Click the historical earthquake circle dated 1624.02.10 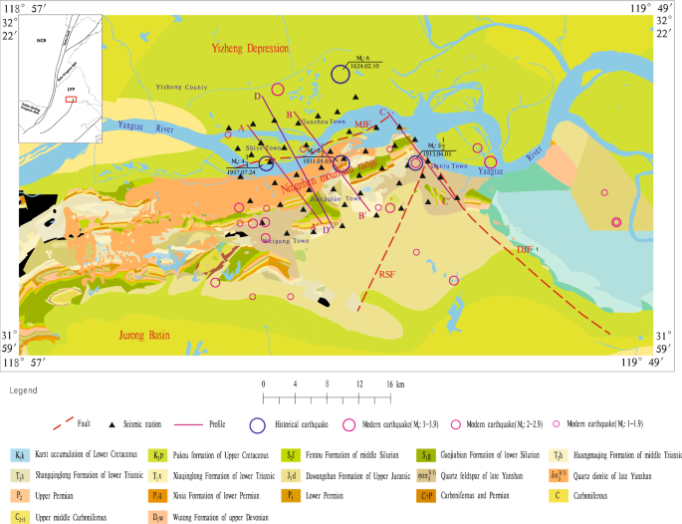tap(341, 74)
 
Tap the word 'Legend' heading tap(23, 392)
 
